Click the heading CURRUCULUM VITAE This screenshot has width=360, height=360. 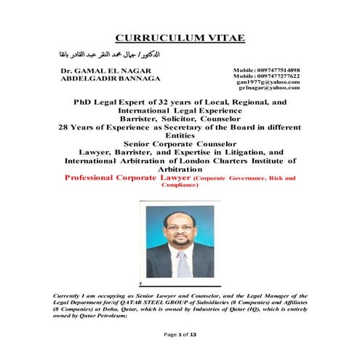point(180,38)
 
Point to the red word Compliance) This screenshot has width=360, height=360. point(180,185)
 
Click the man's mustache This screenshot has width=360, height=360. point(180,240)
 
